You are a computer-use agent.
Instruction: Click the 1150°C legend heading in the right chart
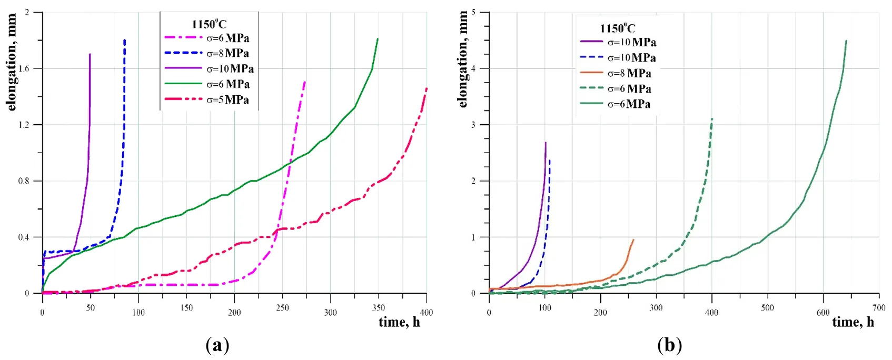(617, 28)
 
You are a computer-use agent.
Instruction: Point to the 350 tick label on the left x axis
(378, 308)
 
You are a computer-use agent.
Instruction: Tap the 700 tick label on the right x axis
(879, 308)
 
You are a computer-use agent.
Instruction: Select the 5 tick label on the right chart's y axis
(473, 12)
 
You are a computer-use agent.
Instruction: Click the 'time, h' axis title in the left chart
(399, 322)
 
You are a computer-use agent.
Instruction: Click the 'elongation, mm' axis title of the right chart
(463, 59)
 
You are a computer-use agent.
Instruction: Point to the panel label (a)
(217, 345)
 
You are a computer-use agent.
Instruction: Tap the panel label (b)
(669, 345)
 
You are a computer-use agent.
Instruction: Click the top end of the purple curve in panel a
(90, 54)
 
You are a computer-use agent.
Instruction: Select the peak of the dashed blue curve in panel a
(124, 40)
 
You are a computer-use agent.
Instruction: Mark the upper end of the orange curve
(633, 240)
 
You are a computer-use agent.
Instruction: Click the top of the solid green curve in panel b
(846, 41)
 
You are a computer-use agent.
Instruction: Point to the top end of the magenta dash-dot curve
(304, 82)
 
